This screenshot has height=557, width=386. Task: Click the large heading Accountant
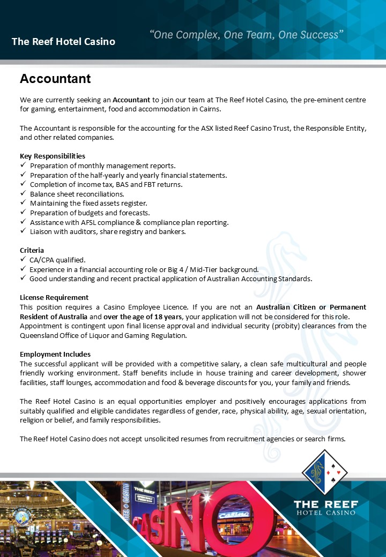[55, 79]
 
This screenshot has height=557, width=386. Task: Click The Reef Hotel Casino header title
[63, 41]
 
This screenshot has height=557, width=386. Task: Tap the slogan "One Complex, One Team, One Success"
[246, 35]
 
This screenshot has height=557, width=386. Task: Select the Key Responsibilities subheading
[53, 156]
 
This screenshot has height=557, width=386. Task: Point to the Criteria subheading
[32, 250]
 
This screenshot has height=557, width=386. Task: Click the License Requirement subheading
[54, 297]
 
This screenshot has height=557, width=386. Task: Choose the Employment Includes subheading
[55, 354]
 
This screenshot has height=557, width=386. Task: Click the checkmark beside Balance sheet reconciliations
[23, 194]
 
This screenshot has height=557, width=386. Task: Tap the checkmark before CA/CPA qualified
[23, 260]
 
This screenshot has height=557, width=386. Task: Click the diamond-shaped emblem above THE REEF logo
[325, 472]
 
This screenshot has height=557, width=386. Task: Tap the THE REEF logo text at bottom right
[325, 504]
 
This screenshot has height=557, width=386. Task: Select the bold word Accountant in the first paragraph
[131, 100]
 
